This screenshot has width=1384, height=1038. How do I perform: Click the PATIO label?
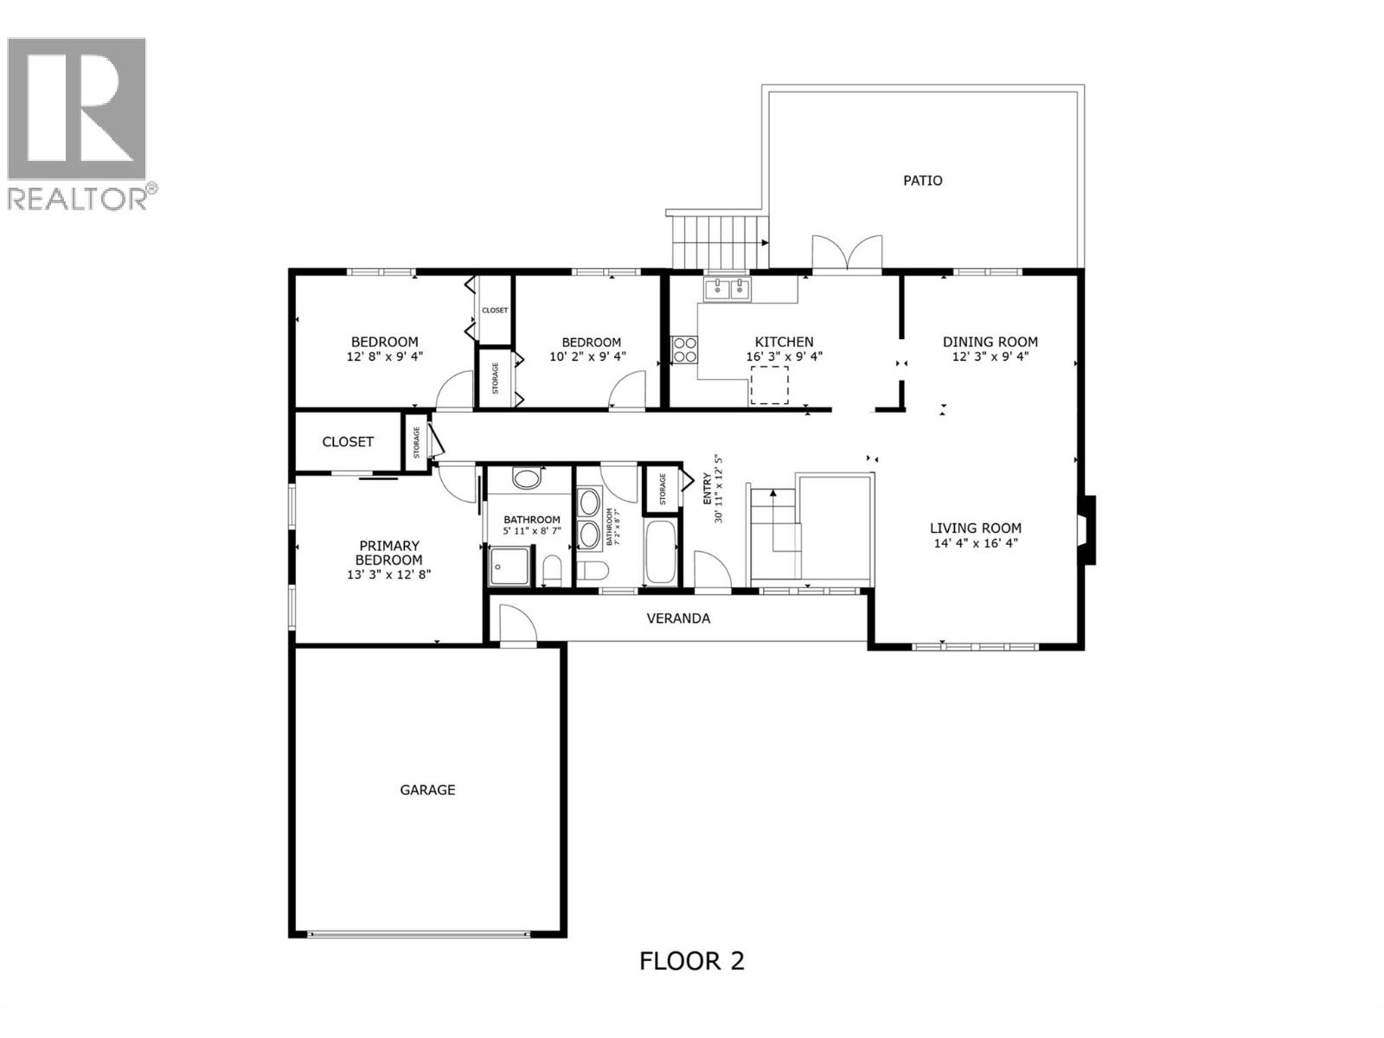click(922, 181)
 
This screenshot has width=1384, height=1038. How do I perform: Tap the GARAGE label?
click(427, 790)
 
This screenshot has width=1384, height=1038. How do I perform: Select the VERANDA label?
click(678, 618)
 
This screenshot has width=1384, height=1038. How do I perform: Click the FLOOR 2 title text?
click(691, 961)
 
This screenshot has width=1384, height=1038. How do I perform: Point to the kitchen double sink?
click(727, 289)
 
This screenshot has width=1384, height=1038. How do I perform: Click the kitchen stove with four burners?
click(684, 349)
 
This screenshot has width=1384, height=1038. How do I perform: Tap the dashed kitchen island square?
click(769, 385)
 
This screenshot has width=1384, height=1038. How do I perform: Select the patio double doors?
click(848, 254)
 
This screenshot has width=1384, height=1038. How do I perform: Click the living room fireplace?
click(1087, 529)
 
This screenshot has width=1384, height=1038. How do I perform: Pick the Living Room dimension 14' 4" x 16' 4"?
click(976, 543)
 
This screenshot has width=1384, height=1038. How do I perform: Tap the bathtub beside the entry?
click(663, 553)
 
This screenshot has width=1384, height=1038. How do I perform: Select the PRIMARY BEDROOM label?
click(388, 553)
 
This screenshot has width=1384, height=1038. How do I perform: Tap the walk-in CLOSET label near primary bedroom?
click(348, 442)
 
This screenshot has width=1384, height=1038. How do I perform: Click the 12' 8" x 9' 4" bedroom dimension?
click(384, 356)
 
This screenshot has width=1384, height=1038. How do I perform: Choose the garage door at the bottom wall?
click(418, 933)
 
